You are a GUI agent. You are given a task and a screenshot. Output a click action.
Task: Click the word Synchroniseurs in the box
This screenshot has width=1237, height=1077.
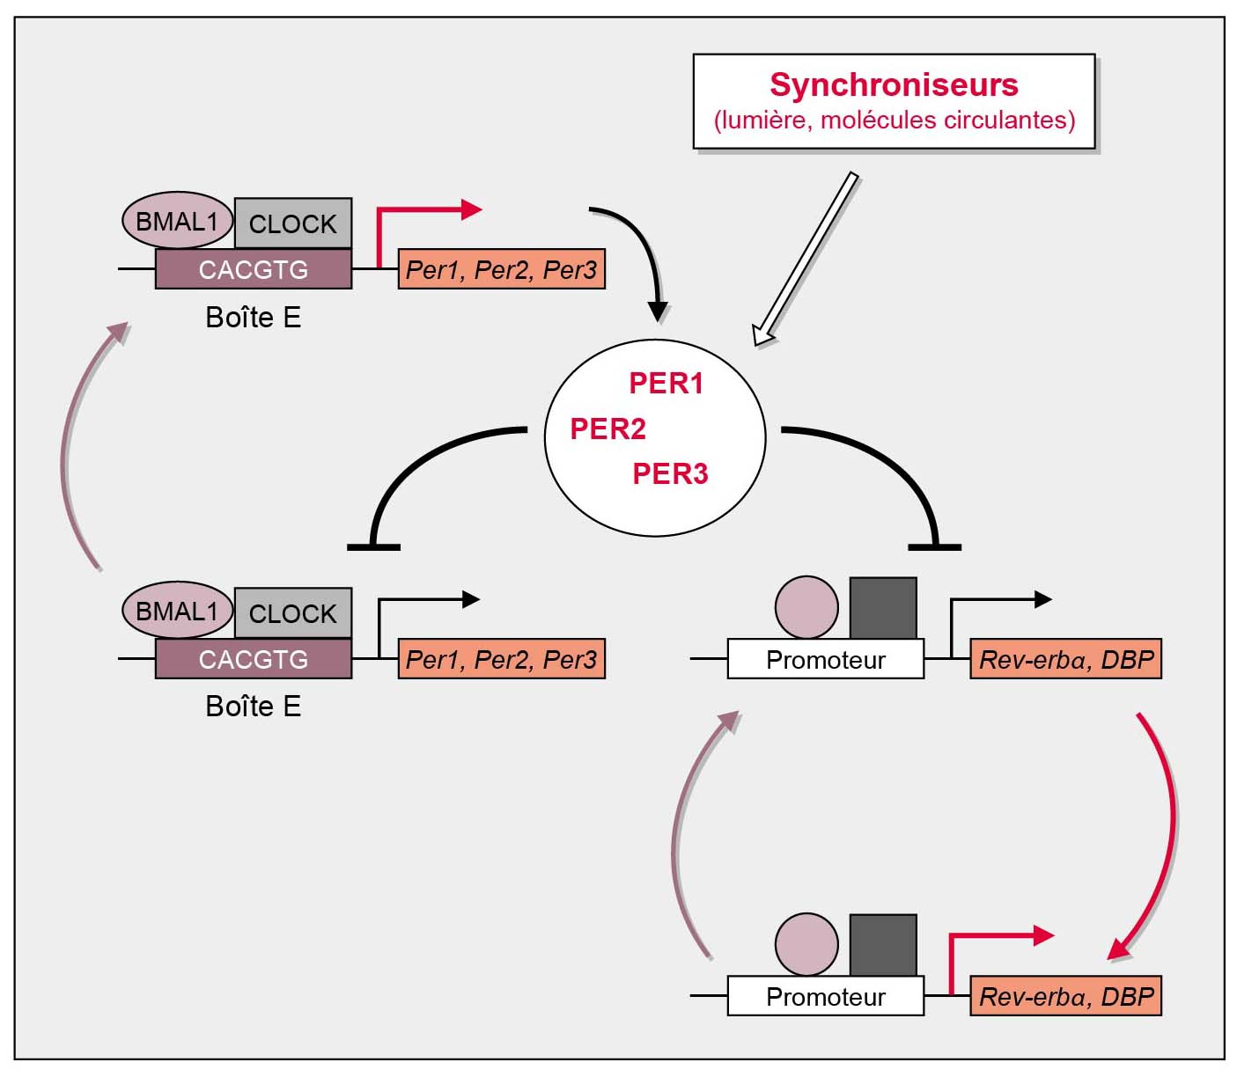(894, 85)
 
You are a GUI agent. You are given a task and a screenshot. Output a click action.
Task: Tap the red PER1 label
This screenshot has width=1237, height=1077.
(666, 384)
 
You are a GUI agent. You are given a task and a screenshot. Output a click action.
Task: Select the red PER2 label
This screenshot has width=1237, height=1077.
(607, 429)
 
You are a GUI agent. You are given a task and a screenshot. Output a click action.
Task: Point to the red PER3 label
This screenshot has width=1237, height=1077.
(670, 473)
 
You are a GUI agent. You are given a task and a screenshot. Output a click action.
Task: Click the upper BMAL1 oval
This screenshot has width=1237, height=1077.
(176, 220)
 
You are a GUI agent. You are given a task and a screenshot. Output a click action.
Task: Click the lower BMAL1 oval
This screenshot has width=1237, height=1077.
(176, 610)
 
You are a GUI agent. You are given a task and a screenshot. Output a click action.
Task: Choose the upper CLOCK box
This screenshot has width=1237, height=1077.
(292, 223)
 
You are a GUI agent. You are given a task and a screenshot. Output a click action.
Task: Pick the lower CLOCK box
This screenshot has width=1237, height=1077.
(292, 613)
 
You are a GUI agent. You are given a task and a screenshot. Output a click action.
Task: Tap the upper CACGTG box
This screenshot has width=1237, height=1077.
(253, 269)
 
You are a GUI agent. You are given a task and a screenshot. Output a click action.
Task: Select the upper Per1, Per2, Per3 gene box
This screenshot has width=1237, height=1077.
(501, 269)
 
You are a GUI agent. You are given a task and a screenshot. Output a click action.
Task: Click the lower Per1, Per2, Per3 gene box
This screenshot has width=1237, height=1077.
(501, 659)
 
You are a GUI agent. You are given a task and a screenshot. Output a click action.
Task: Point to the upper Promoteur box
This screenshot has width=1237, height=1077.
(825, 659)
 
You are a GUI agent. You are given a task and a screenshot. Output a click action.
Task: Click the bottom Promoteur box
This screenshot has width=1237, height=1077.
(825, 996)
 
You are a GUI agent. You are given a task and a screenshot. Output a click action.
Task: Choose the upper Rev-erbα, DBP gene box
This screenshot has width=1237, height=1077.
(1065, 659)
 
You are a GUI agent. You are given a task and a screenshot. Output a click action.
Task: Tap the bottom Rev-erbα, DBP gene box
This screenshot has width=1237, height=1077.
(1065, 996)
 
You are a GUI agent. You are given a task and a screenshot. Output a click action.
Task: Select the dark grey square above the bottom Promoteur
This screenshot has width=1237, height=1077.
(883, 945)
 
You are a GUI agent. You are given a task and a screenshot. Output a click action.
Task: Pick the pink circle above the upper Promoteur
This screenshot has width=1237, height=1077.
(806, 607)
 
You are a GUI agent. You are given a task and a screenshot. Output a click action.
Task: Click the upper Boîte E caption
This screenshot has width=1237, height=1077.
(253, 317)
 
